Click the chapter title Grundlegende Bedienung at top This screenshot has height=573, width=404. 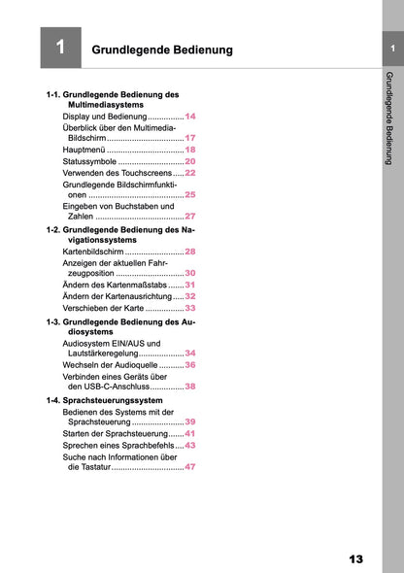[x=161, y=49]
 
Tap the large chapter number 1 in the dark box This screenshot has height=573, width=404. [x=60, y=48]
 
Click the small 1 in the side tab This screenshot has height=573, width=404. [x=390, y=49]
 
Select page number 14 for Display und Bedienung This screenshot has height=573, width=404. [x=190, y=116]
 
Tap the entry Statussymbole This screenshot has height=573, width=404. [x=90, y=161]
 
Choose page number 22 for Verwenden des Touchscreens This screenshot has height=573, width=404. [x=190, y=172]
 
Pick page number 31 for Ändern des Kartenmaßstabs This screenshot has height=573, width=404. [x=190, y=285]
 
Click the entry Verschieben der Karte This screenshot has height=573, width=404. [x=103, y=308]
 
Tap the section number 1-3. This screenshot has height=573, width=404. [x=58, y=320]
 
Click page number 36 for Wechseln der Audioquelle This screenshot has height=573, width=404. [x=190, y=364]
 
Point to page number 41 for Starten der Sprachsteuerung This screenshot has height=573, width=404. [x=190, y=433]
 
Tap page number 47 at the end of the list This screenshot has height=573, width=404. [x=190, y=467]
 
